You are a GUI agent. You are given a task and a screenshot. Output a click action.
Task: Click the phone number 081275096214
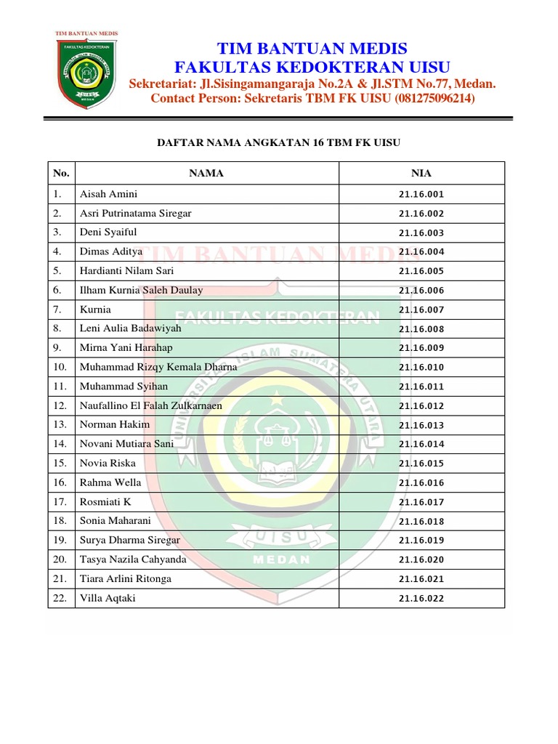pyautogui.click(x=435, y=98)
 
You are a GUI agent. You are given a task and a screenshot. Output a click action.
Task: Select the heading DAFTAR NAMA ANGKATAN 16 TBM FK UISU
pyautogui.click(x=279, y=143)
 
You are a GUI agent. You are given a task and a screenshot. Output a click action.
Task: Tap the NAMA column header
pyautogui.click(x=206, y=173)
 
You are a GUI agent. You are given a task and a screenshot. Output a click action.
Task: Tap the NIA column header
pyautogui.click(x=421, y=173)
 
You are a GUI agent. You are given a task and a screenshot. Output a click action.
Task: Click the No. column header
pyautogui.click(x=61, y=173)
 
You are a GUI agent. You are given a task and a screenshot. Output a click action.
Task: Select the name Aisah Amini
pyautogui.click(x=108, y=194)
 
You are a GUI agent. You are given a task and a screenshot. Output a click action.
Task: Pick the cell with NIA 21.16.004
pyautogui.click(x=421, y=252)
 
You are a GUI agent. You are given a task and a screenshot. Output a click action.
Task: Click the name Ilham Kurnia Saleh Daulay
pyautogui.click(x=141, y=290)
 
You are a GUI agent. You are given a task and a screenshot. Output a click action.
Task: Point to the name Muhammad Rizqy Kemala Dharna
pyautogui.click(x=158, y=367)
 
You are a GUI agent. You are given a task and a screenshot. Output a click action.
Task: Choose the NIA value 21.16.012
pyautogui.click(x=421, y=406)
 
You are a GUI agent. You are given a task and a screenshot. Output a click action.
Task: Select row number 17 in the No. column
pyautogui.click(x=60, y=501)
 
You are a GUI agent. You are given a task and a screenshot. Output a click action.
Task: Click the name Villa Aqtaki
pyautogui.click(x=108, y=598)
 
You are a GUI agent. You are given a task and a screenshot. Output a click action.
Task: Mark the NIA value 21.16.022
pyautogui.click(x=421, y=599)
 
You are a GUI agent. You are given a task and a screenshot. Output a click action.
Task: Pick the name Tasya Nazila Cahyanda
pyautogui.click(x=133, y=559)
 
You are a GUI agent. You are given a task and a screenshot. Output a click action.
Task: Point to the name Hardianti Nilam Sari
pyautogui.click(x=126, y=271)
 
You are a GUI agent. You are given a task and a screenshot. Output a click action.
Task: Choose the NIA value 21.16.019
pyautogui.click(x=421, y=541)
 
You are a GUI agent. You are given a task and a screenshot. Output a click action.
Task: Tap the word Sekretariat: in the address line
pyautogui.click(x=164, y=84)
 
